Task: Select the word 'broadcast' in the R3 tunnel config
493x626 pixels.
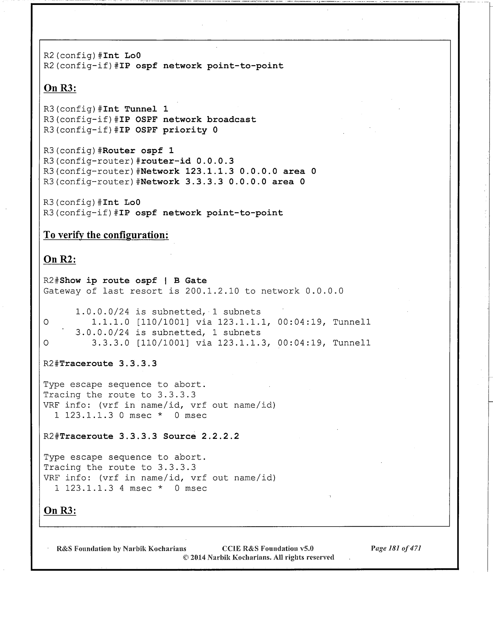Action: [231, 119]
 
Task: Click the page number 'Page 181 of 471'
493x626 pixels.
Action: [396, 548]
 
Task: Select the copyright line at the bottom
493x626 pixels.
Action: [258, 557]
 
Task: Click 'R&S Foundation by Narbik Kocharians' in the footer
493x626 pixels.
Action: [121, 549]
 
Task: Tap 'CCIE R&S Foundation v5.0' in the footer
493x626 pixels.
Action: [268, 548]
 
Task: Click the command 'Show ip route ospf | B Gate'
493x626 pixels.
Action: [133, 280]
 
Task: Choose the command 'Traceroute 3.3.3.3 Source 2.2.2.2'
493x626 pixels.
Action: [149, 436]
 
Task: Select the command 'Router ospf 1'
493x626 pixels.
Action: [138, 151]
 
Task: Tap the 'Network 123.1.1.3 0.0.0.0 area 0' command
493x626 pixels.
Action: [228, 171]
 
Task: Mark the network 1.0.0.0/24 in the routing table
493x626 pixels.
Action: [102, 312]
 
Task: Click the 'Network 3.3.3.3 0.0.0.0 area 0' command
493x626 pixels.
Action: [223, 182]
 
